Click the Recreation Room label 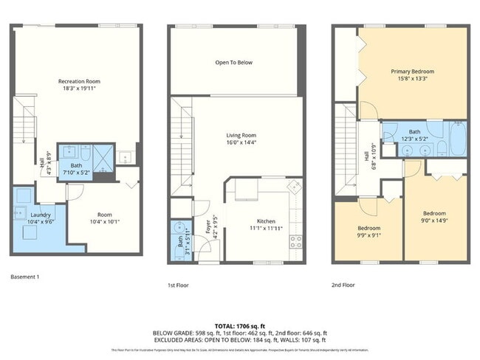[x=79, y=81]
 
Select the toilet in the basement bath [x=86, y=156]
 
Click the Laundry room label [x=19, y=214]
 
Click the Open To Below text [x=234, y=63]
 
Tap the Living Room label [x=241, y=135]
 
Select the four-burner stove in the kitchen [x=295, y=240]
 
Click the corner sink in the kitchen [x=293, y=185]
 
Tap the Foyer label [x=208, y=229]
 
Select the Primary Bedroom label [x=412, y=72]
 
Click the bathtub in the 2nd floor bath [x=455, y=148]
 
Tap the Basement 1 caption [x=25, y=277]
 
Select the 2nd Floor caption [x=343, y=284]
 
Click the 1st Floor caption [x=179, y=284]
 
